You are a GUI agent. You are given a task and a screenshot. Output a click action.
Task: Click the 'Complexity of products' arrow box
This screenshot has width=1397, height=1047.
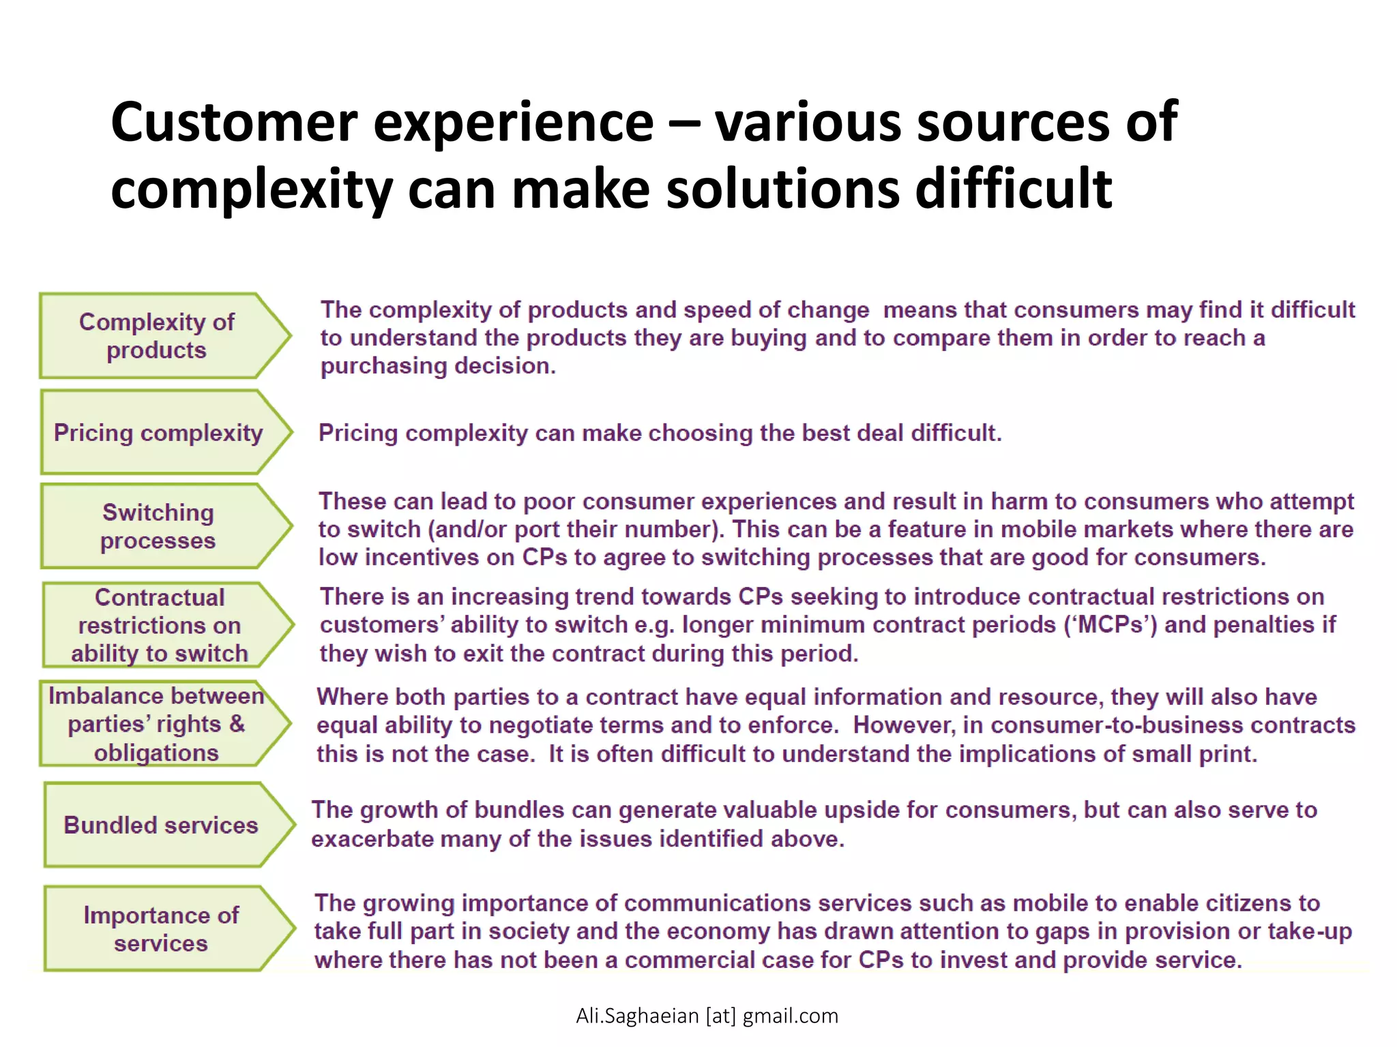[x=157, y=335]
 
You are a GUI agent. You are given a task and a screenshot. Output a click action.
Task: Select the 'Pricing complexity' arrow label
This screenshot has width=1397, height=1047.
[x=158, y=433]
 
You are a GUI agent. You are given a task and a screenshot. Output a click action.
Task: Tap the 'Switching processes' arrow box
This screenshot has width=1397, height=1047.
[x=158, y=526]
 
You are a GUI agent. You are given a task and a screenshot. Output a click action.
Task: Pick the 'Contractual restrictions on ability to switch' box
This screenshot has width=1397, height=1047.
[x=160, y=625]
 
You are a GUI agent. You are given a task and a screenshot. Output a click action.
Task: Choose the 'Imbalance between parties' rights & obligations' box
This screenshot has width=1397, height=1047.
[x=157, y=724]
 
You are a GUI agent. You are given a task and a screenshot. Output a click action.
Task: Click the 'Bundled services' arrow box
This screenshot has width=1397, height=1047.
[x=161, y=825]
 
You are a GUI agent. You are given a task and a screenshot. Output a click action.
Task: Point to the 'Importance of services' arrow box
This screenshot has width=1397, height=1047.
[x=161, y=928]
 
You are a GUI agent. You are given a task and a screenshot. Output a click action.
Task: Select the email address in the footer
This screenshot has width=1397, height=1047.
[x=707, y=1016]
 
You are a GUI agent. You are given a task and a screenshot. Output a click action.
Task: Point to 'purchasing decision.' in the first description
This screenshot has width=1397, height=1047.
[x=438, y=366]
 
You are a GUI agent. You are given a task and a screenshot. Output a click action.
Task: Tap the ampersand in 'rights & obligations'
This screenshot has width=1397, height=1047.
[x=237, y=724]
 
